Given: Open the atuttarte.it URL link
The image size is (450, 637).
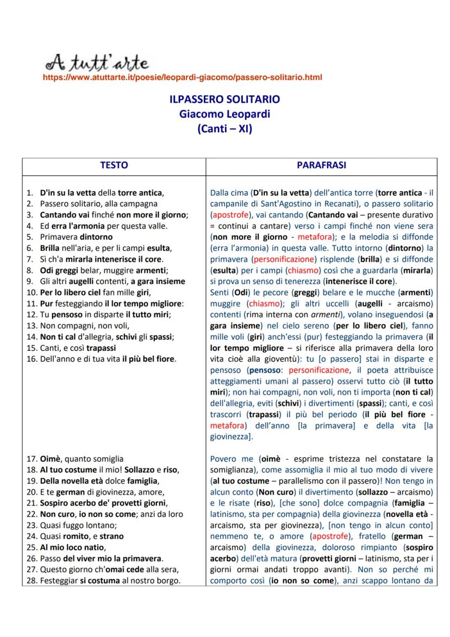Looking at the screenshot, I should point(182,77).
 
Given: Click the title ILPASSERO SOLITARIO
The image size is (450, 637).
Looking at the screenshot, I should point(224,100).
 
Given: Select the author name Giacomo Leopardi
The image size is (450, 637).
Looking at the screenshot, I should point(224,114).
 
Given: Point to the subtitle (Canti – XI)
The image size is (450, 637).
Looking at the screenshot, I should point(224,129).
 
